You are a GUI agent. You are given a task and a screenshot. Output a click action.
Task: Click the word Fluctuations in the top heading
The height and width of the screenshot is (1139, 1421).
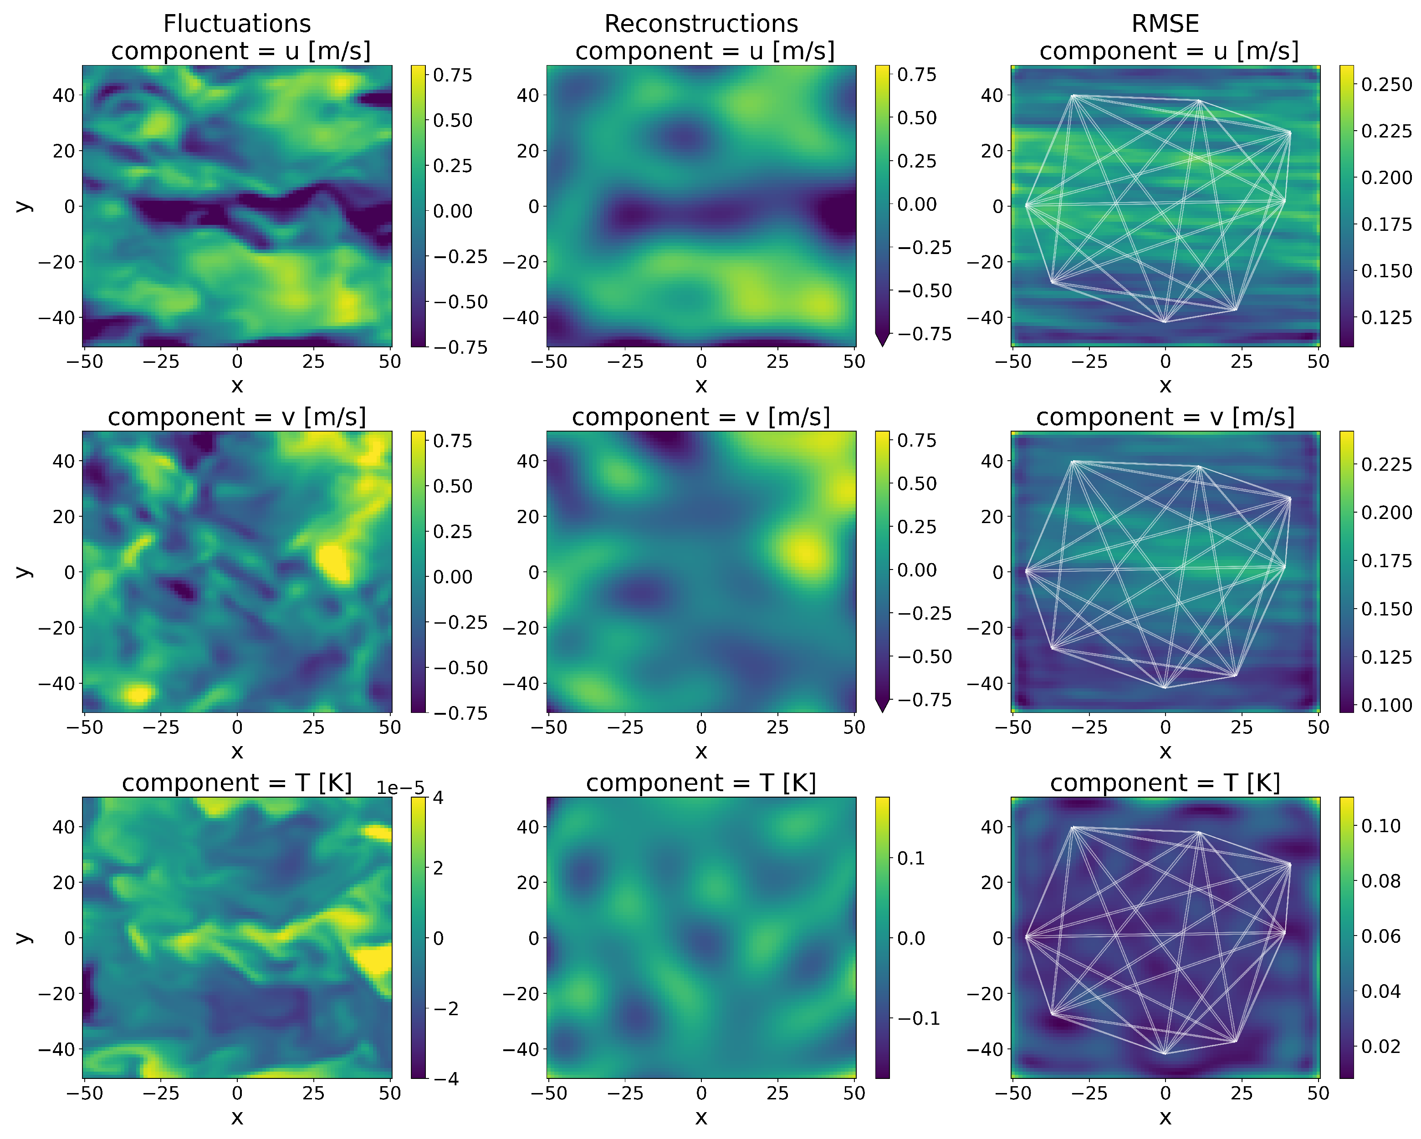pos(237,24)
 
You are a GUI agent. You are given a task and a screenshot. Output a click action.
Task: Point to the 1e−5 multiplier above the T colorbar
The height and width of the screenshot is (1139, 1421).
pos(400,788)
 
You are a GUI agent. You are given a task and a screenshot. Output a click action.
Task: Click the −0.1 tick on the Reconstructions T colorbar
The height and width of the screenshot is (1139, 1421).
pos(919,1018)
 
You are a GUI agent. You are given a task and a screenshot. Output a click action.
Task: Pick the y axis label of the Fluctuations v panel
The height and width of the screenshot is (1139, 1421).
pos(24,571)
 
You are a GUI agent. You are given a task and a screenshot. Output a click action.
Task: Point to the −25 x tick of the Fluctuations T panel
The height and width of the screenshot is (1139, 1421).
pos(160,1093)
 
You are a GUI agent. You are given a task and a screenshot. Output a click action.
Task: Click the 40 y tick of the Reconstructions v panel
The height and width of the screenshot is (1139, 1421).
pos(528,461)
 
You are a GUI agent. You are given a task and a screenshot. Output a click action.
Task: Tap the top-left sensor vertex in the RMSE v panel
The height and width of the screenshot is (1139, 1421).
pos(1073,462)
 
